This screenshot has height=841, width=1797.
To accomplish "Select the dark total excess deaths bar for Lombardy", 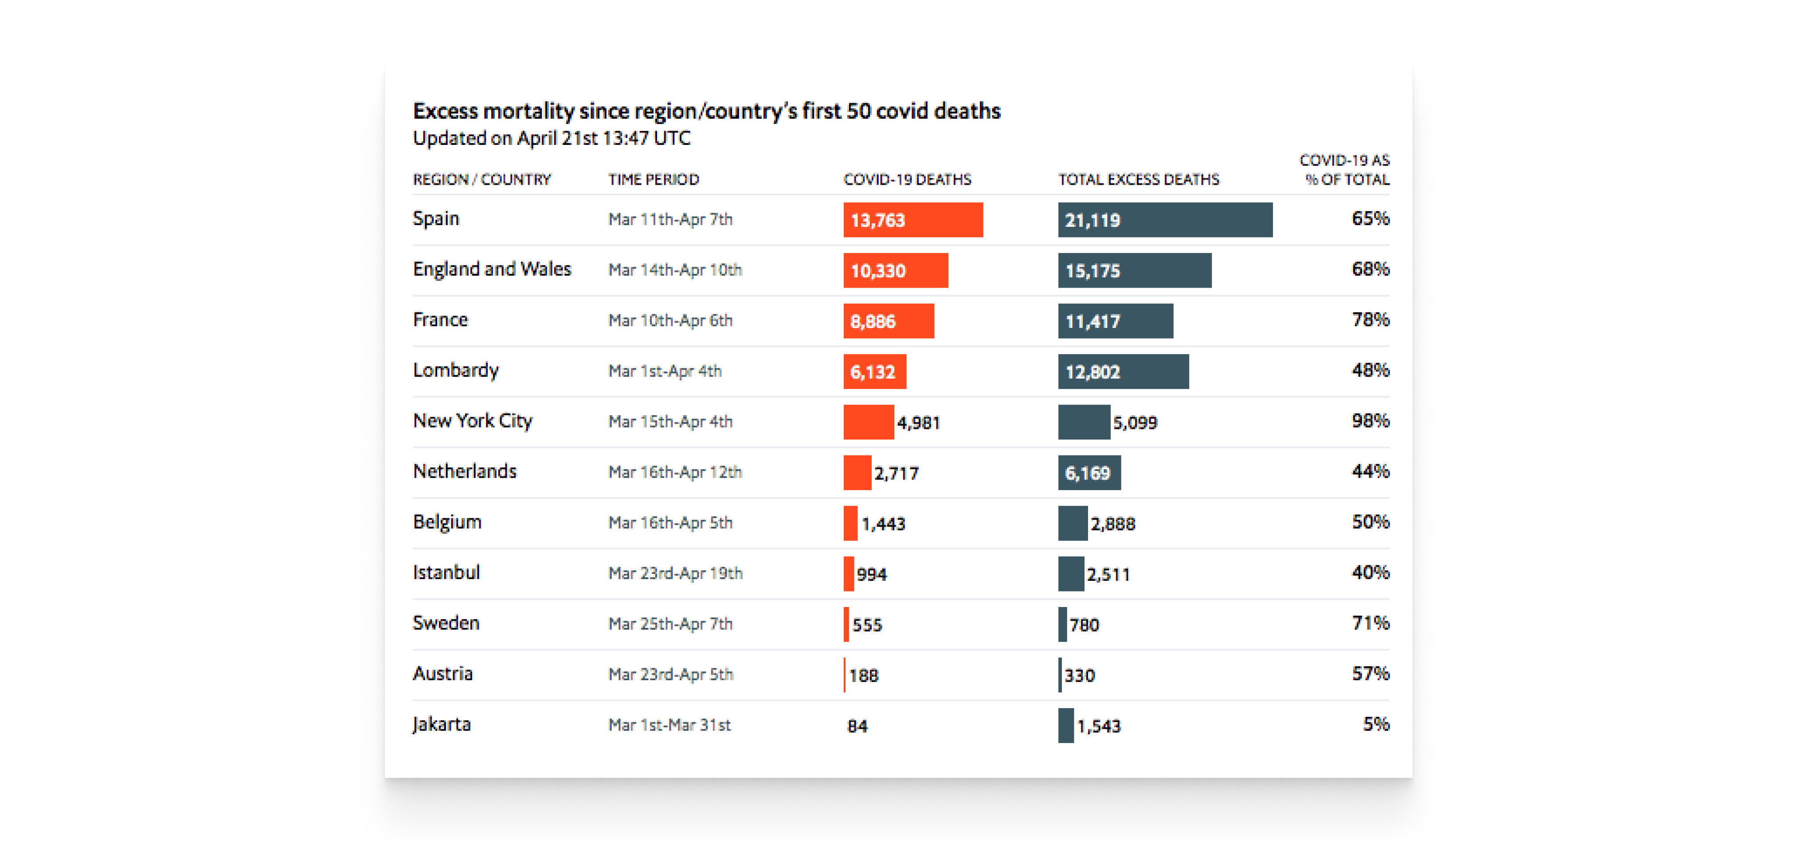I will pyautogui.click(x=1123, y=371).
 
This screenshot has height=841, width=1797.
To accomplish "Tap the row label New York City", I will pyautogui.click(x=472, y=420).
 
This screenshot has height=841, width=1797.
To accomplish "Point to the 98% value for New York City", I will pyautogui.click(x=1370, y=420).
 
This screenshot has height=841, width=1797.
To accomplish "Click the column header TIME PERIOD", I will pyautogui.click(x=653, y=179).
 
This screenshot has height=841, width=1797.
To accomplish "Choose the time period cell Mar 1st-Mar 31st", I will pyautogui.click(x=669, y=724).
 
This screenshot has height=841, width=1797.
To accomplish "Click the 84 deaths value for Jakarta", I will pyautogui.click(x=857, y=726).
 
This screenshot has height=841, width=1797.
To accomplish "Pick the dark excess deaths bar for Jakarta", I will pyautogui.click(x=1065, y=725).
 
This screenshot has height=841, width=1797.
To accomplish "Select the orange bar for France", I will pyautogui.click(x=888, y=321).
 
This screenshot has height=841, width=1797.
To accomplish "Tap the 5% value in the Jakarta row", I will pyautogui.click(x=1376, y=724).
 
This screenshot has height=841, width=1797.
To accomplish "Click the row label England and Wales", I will pyautogui.click(x=492, y=269).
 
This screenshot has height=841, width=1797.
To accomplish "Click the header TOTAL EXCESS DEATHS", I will pyautogui.click(x=1139, y=179).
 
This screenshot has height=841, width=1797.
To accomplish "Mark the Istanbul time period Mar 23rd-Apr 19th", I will pyautogui.click(x=674, y=573).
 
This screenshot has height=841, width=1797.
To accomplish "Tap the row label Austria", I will pyautogui.click(x=443, y=674).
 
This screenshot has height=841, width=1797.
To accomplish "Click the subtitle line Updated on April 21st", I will pyautogui.click(x=551, y=138).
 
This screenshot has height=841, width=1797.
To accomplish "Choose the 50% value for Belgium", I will pyautogui.click(x=1370, y=522).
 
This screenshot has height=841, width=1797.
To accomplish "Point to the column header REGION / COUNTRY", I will pyautogui.click(x=482, y=179).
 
